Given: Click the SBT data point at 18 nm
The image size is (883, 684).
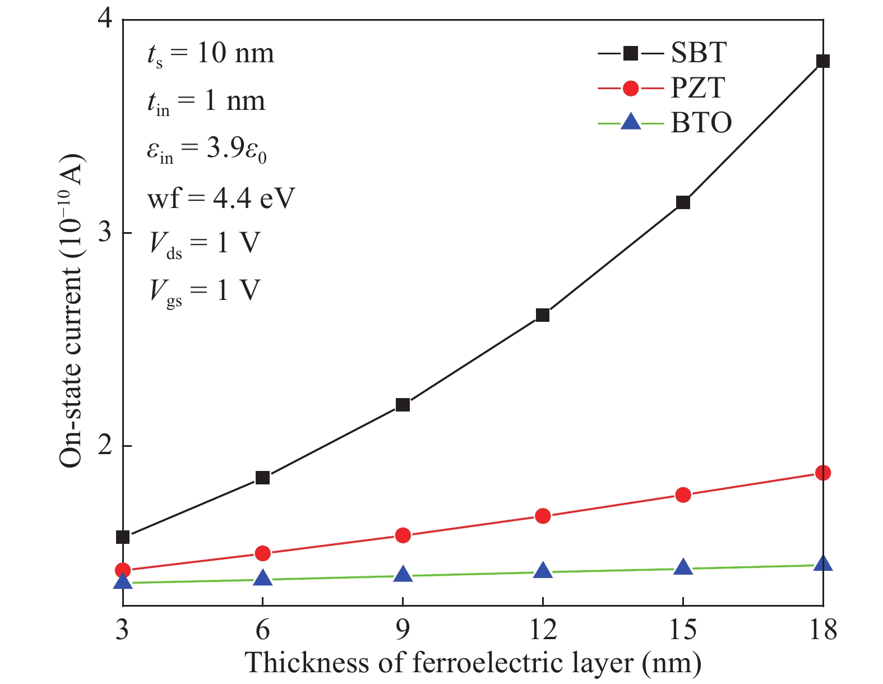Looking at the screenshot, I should pyautogui.click(x=822, y=61).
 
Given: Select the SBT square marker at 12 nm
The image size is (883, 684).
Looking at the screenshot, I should pyautogui.click(x=543, y=315).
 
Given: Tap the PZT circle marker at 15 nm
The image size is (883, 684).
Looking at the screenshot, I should pyautogui.click(x=683, y=494).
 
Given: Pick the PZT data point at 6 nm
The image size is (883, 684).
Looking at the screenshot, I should pyautogui.click(x=262, y=553).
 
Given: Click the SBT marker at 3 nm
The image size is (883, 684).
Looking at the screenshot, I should pyautogui.click(x=123, y=537).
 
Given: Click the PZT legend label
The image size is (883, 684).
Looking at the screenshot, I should pyautogui.click(x=698, y=88).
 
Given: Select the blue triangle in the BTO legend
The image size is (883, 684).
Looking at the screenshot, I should pyautogui.click(x=631, y=122).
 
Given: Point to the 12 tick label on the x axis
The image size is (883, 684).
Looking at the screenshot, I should pyautogui.click(x=543, y=630).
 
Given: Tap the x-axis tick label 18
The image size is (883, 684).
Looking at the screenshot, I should pyautogui.click(x=822, y=630).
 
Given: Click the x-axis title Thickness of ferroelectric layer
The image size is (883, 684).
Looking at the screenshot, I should pyautogui.click(x=473, y=663).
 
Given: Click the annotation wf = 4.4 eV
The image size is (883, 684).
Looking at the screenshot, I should pyautogui.click(x=220, y=197).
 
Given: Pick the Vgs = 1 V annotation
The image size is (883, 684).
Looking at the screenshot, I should pyautogui.click(x=205, y=291).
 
